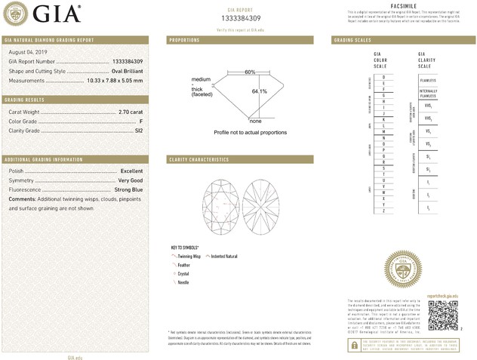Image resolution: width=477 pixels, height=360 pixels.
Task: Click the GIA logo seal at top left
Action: click(17, 13)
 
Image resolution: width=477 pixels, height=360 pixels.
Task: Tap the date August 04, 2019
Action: click(26, 51)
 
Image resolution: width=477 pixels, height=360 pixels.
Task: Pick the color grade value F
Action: click(141, 121)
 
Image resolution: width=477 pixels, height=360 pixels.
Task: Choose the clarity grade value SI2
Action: click(138, 131)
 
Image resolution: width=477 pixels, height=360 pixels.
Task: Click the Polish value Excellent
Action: click(131, 171)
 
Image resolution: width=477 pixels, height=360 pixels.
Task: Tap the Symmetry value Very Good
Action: click(129, 181)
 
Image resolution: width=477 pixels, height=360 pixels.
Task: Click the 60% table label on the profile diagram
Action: click(250, 72)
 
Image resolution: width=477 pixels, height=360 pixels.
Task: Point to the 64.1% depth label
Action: click(260, 91)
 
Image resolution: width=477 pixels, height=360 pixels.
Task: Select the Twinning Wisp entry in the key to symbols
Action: click(192, 257)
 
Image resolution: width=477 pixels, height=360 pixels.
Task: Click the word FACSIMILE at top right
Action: click(406, 5)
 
